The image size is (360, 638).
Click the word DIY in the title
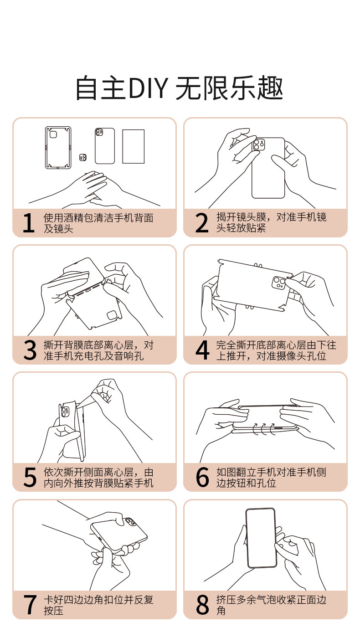[148, 88]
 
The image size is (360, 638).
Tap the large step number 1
[28, 223]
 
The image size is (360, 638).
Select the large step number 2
[202, 223]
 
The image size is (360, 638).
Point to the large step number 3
[30, 350]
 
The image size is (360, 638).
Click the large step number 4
[202, 350]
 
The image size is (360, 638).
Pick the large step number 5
[30, 477]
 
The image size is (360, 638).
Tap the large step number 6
[202, 477]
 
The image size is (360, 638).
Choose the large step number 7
[30, 605]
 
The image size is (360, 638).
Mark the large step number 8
[202, 605]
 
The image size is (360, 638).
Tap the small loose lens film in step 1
[83, 158]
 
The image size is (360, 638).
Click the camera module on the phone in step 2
[259, 144]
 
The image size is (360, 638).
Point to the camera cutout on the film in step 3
[112, 315]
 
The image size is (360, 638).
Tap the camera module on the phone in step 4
[279, 283]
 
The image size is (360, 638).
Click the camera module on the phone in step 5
[65, 412]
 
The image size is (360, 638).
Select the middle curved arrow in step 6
[264, 429]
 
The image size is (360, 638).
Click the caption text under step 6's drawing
[271, 478]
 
